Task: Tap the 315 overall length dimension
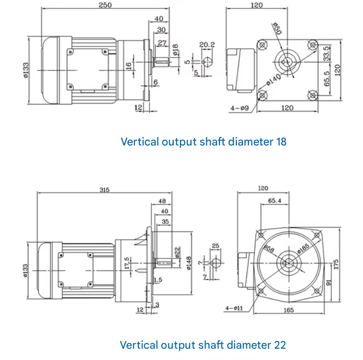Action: [104, 190]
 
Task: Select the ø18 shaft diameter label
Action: [175, 50]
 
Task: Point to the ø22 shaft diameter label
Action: [177, 252]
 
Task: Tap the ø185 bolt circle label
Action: [303, 248]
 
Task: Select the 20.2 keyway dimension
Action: [207, 44]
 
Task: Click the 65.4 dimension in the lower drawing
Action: [274, 200]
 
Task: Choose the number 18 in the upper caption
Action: [281, 142]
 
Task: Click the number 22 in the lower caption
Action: [280, 345]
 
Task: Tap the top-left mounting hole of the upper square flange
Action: [262, 44]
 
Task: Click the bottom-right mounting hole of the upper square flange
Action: [312, 95]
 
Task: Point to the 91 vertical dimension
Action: [329, 283]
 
